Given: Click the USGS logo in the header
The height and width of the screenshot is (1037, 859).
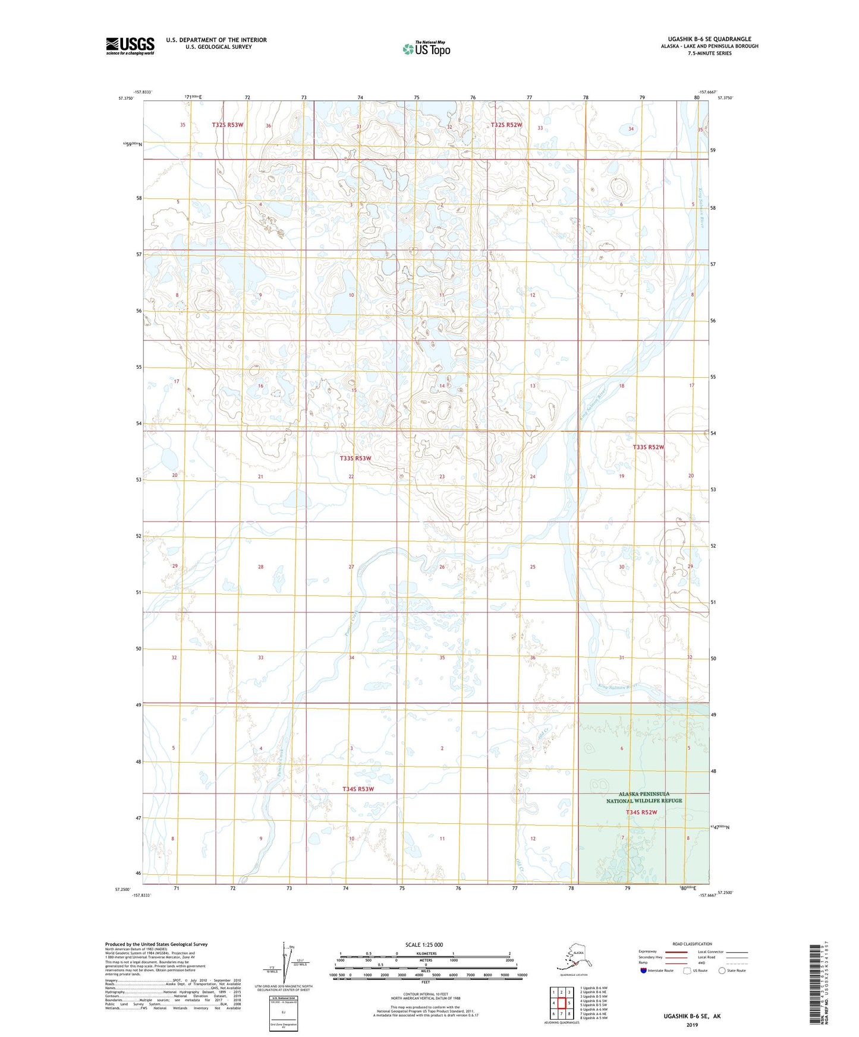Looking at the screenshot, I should click(x=130, y=46).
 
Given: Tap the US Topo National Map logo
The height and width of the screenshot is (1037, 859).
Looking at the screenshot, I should click(x=426, y=49).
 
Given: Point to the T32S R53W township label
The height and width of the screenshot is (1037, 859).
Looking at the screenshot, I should click(x=228, y=125).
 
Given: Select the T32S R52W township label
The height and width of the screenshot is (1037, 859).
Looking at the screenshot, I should click(x=506, y=125).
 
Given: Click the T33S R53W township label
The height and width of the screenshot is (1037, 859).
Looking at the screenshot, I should click(x=355, y=459).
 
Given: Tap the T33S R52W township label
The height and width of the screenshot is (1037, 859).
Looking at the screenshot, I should click(x=648, y=447).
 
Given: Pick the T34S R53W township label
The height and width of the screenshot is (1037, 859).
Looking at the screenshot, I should click(x=358, y=789).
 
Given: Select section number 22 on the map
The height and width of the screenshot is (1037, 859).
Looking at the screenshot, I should click(x=351, y=476).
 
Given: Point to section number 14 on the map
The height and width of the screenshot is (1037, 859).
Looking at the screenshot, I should click(x=442, y=386).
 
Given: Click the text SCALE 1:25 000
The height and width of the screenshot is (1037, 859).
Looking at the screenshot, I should click(x=424, y=944).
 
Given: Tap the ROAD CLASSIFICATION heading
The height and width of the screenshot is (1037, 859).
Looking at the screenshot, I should click(x=692, y=944).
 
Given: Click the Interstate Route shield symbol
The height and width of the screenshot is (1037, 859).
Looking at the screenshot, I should click(x=643, y=970).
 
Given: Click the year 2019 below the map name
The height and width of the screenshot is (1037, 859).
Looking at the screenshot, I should click(x=692, y=1025).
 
